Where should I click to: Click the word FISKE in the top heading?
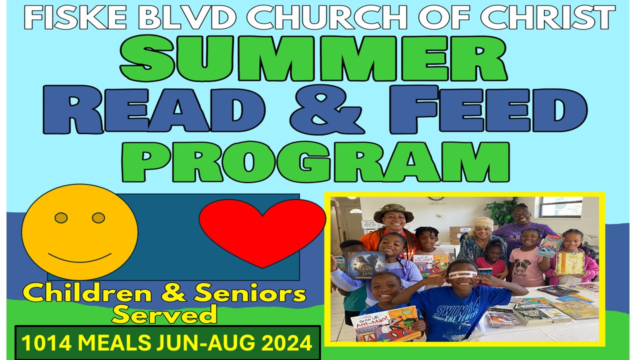75,17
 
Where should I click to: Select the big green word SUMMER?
313,58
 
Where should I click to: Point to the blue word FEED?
488,109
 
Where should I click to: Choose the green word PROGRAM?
316,161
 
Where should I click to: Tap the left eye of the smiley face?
61,218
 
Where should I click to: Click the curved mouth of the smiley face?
79,257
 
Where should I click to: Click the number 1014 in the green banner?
46,342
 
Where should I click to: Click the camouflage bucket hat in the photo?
393,212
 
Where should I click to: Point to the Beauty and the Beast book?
364,264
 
